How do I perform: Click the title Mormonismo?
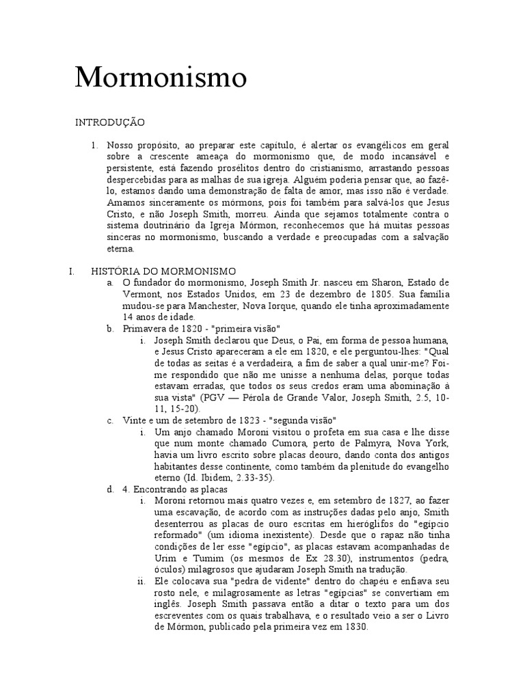tap(161, 78)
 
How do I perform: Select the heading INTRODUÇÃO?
tap(109, 122)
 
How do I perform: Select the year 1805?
tap(368, 294)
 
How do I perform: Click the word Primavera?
tap(145, 329)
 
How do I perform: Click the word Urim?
tap(165, 558)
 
